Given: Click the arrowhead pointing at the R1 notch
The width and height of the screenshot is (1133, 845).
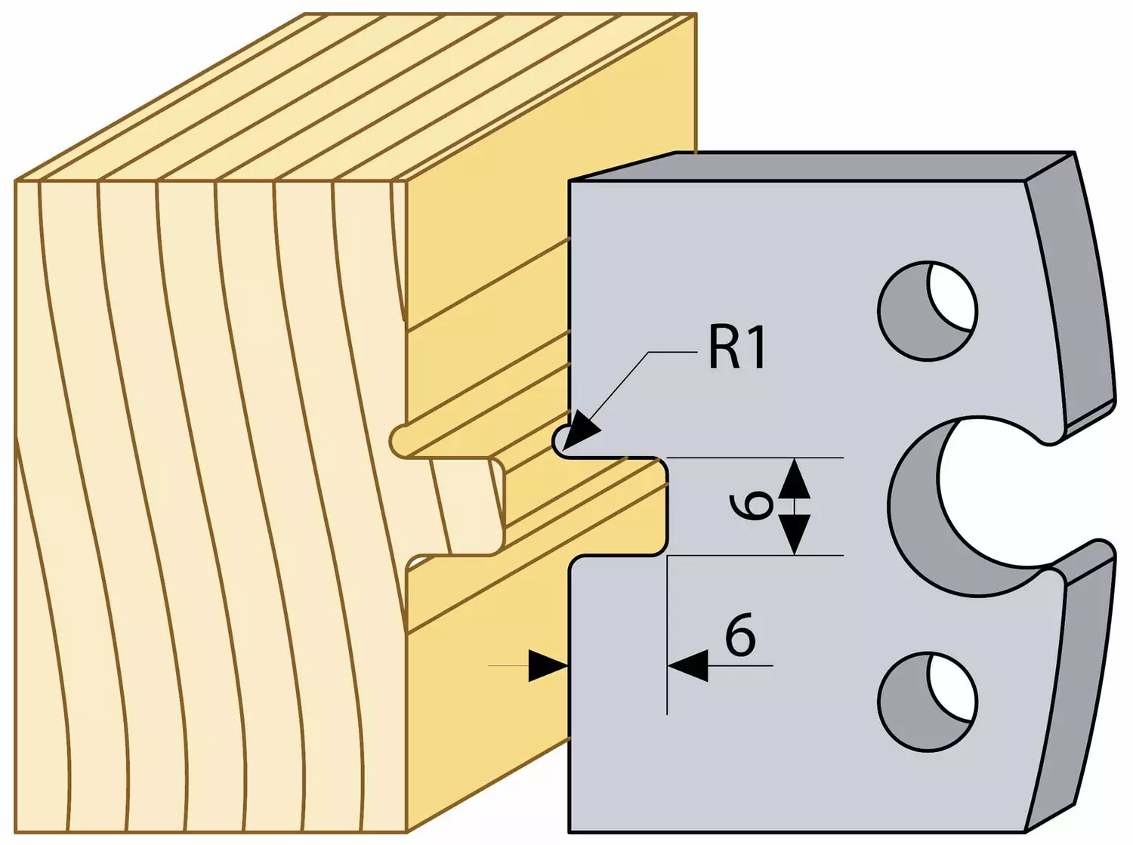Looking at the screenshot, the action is (x=582, y=430).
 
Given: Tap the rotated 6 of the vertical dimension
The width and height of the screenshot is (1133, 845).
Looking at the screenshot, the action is (x=751, y=506).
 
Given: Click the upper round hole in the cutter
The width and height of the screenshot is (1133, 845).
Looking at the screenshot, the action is (x=928, y=310).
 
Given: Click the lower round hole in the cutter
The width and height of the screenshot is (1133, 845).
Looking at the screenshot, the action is (x=928, y=702).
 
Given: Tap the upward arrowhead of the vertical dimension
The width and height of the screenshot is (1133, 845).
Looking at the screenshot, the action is (x=795, y=480).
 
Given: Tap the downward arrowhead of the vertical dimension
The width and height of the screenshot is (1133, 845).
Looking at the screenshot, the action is (x=795, y=535).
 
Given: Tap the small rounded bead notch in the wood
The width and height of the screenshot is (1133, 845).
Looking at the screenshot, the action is (x=400, y=442).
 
